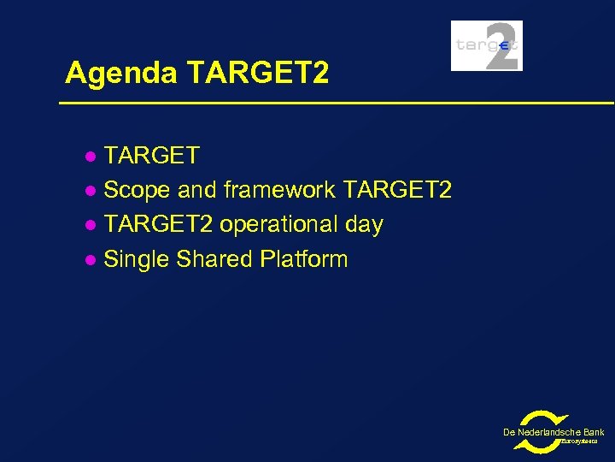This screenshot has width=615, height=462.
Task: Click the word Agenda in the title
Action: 120,74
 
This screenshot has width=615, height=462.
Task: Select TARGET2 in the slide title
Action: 256,74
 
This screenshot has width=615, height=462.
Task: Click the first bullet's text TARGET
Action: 151,156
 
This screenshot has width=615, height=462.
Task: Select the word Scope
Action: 138,190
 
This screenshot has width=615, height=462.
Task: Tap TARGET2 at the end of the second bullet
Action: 396,190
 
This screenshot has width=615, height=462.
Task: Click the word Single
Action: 137,259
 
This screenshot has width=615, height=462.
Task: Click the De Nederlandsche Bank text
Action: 553,432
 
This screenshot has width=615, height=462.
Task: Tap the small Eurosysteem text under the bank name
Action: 583,442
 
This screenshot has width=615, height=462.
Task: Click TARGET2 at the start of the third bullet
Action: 158,224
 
